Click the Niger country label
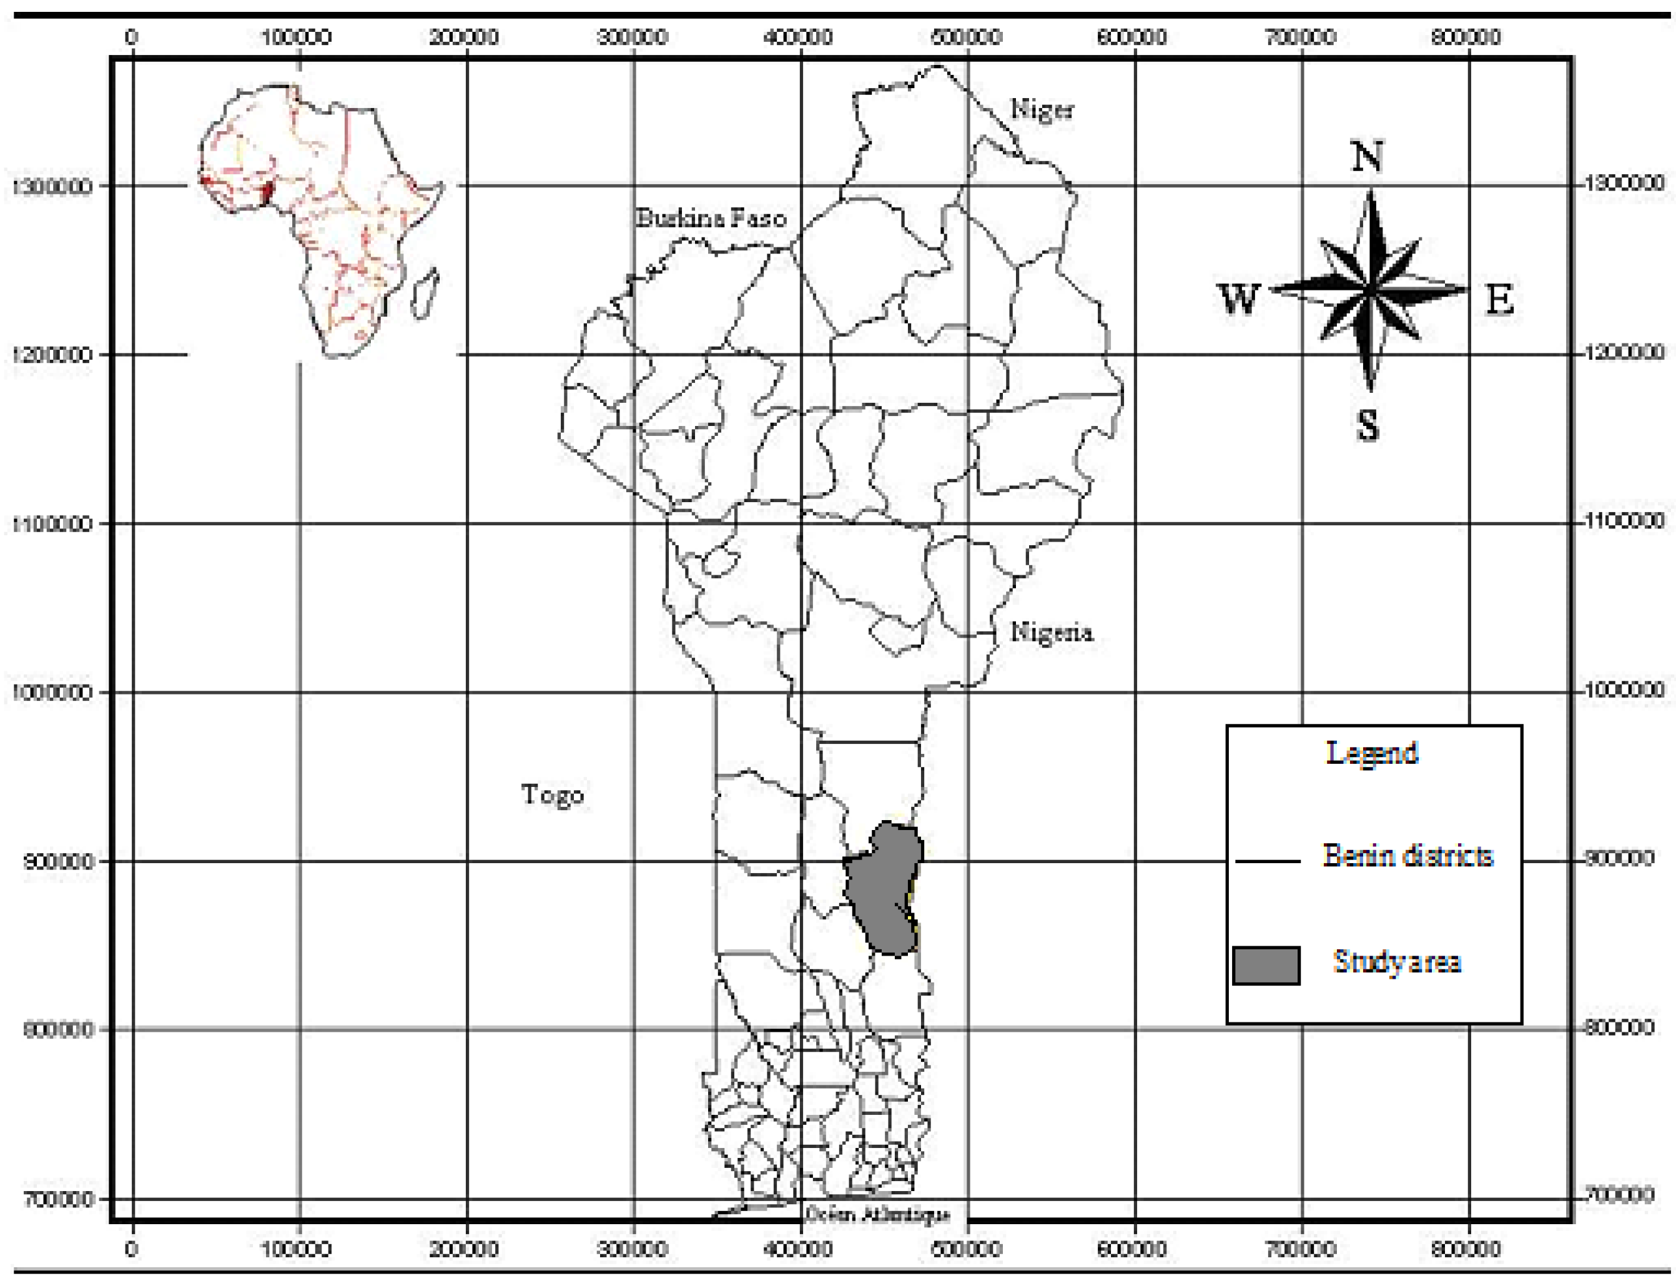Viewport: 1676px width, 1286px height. tap(1042, 109)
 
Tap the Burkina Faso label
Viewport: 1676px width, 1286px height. tap(710, 218)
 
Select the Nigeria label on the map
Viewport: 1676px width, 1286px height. tap(1051, 632)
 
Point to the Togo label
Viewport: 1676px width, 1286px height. tap(552, 794)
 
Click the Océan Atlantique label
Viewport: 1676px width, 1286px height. tap(877, 1214)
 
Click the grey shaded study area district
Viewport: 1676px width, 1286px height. tap(884, 888)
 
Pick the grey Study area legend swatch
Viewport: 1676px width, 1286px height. tap(1266, 965)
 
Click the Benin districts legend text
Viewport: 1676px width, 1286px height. tap(1407, 855)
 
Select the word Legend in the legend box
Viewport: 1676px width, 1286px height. tap(1371, 753)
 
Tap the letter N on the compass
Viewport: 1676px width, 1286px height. tap(1368, 157)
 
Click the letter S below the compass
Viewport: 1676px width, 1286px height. tap(1368, 425)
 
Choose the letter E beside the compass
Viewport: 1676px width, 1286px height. tap(1499, 299)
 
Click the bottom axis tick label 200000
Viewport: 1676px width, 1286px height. tap(464, 1249)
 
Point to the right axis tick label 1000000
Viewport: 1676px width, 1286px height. tap(1623, 690)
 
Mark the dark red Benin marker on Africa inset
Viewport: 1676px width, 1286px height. tap(266, 193)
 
